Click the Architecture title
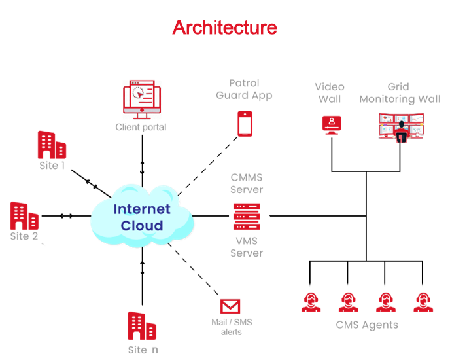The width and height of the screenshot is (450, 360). [224, 28]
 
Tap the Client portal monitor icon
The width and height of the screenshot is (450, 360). [140, 98]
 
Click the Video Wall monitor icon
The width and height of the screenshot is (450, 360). [332, 124]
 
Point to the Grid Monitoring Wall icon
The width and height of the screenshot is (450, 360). [402, 126]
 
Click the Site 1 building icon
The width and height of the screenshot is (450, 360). [51, 145]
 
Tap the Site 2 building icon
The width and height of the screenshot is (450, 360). [24, 215]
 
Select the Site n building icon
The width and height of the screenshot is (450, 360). [142, 325]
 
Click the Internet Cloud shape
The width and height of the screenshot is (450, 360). [142, 217]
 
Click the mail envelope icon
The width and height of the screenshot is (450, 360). [230, 306]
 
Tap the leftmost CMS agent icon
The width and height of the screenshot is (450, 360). [311, 302]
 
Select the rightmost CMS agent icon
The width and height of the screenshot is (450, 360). [423, 302]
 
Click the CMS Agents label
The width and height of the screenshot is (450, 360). [367, 325]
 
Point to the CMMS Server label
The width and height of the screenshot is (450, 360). [247, 183]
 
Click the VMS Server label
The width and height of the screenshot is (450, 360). [247, 247]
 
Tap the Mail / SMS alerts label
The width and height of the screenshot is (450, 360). [231, 327]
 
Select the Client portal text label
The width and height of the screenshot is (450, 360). [141, 127]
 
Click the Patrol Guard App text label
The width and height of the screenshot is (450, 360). [245, 89]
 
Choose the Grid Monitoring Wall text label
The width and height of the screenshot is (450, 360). [400, 93]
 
